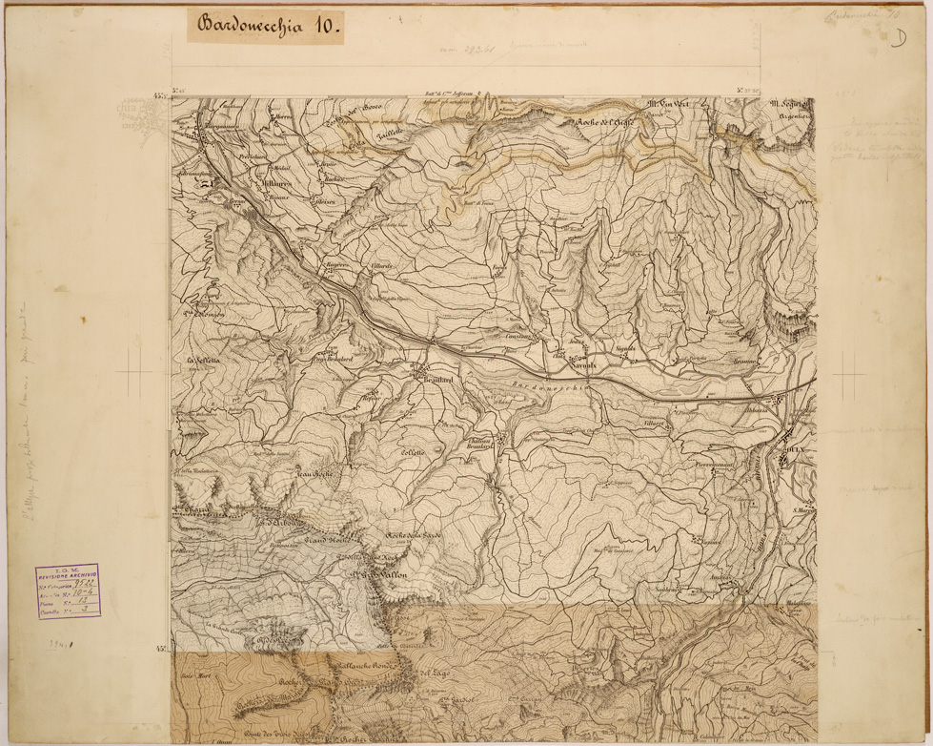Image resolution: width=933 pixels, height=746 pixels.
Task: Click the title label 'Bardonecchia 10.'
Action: (x=264, y=26)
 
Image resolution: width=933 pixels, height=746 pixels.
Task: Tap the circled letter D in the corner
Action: (x=898, y=37)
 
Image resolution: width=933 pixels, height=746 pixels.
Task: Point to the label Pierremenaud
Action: (x=715, y=465)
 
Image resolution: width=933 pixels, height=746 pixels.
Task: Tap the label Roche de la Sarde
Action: (x=415, y=537)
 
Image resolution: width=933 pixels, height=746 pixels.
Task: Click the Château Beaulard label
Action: (x=483, y=446)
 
